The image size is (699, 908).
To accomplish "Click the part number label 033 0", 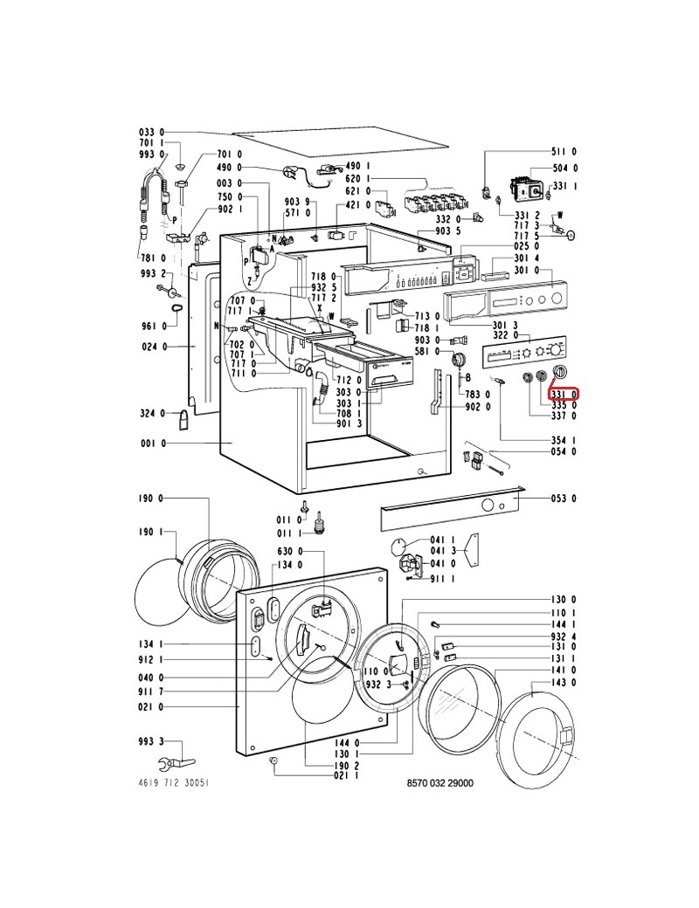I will [x=150, y=132].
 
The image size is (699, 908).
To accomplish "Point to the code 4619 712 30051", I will [x=174, y=783].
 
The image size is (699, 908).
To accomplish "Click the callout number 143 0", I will [x=564, y=682].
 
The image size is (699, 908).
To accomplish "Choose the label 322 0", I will [x=507, y=335].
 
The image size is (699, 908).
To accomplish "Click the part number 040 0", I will [x=150, y=678].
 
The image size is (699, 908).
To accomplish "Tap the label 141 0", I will [x=564, y=669].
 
